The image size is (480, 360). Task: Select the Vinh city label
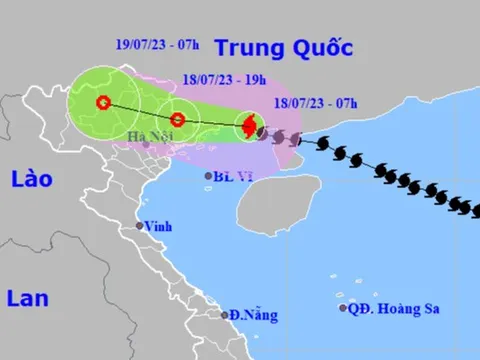(157, 227)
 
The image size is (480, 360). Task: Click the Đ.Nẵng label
(247, 315)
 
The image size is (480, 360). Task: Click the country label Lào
(32, 179)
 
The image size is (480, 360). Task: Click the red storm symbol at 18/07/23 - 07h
(249, 126)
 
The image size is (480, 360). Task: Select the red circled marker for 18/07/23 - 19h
(177, 120)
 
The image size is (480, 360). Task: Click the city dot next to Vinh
(141, 226)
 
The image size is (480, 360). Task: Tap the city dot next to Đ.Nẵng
(225, 315)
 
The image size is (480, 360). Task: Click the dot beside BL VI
(208, 176)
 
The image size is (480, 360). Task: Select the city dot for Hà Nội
(148, 144)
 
